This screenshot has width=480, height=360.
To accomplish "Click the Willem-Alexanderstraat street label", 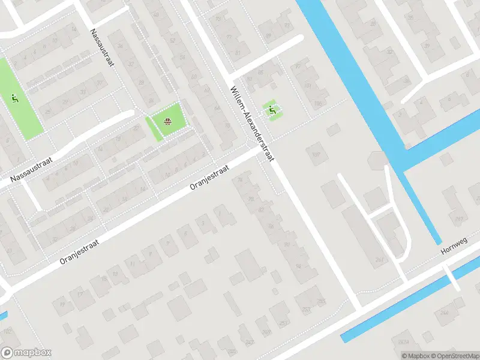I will tap(252, 124).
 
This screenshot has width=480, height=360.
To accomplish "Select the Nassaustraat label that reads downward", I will tap(101, 47).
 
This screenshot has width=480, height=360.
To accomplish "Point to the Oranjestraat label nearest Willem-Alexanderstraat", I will tap(209, 178).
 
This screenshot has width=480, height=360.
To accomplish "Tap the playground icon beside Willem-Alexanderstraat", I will tap(272, 109).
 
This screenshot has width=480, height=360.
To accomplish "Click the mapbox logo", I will tap(26, 353).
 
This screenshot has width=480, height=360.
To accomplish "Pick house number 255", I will tap(321, 301).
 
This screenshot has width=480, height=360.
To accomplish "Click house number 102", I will tap(7, 331).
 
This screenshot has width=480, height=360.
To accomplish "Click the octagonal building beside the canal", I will tap(378, 160).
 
